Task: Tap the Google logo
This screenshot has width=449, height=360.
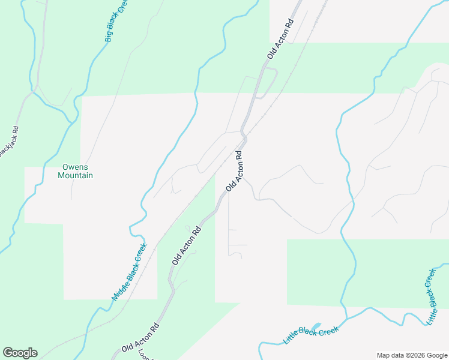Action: [20, 353]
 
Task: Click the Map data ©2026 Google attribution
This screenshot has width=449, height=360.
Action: [411, 355]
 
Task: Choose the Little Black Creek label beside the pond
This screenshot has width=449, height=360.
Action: [311, 335]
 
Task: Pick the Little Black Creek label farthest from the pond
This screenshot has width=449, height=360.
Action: [430, 297]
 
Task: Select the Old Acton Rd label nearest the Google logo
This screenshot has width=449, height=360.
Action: [140, 339]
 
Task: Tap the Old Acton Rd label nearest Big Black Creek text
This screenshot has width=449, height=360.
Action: [280, 40]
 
